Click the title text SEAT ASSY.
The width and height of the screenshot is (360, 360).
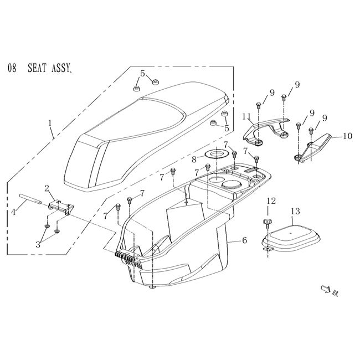click(50, 69)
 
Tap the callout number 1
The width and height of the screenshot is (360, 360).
click(50, 122)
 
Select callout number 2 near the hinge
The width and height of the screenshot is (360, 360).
click(47, 188)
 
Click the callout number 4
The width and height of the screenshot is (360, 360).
click(13, 212)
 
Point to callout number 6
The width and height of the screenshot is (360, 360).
click(244, 241)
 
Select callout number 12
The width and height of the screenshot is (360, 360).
click(270, 200)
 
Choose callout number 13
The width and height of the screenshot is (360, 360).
click(295, 211)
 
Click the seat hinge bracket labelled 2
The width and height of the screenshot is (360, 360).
click(60, 207)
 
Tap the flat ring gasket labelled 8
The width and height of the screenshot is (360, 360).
click(213, 153)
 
